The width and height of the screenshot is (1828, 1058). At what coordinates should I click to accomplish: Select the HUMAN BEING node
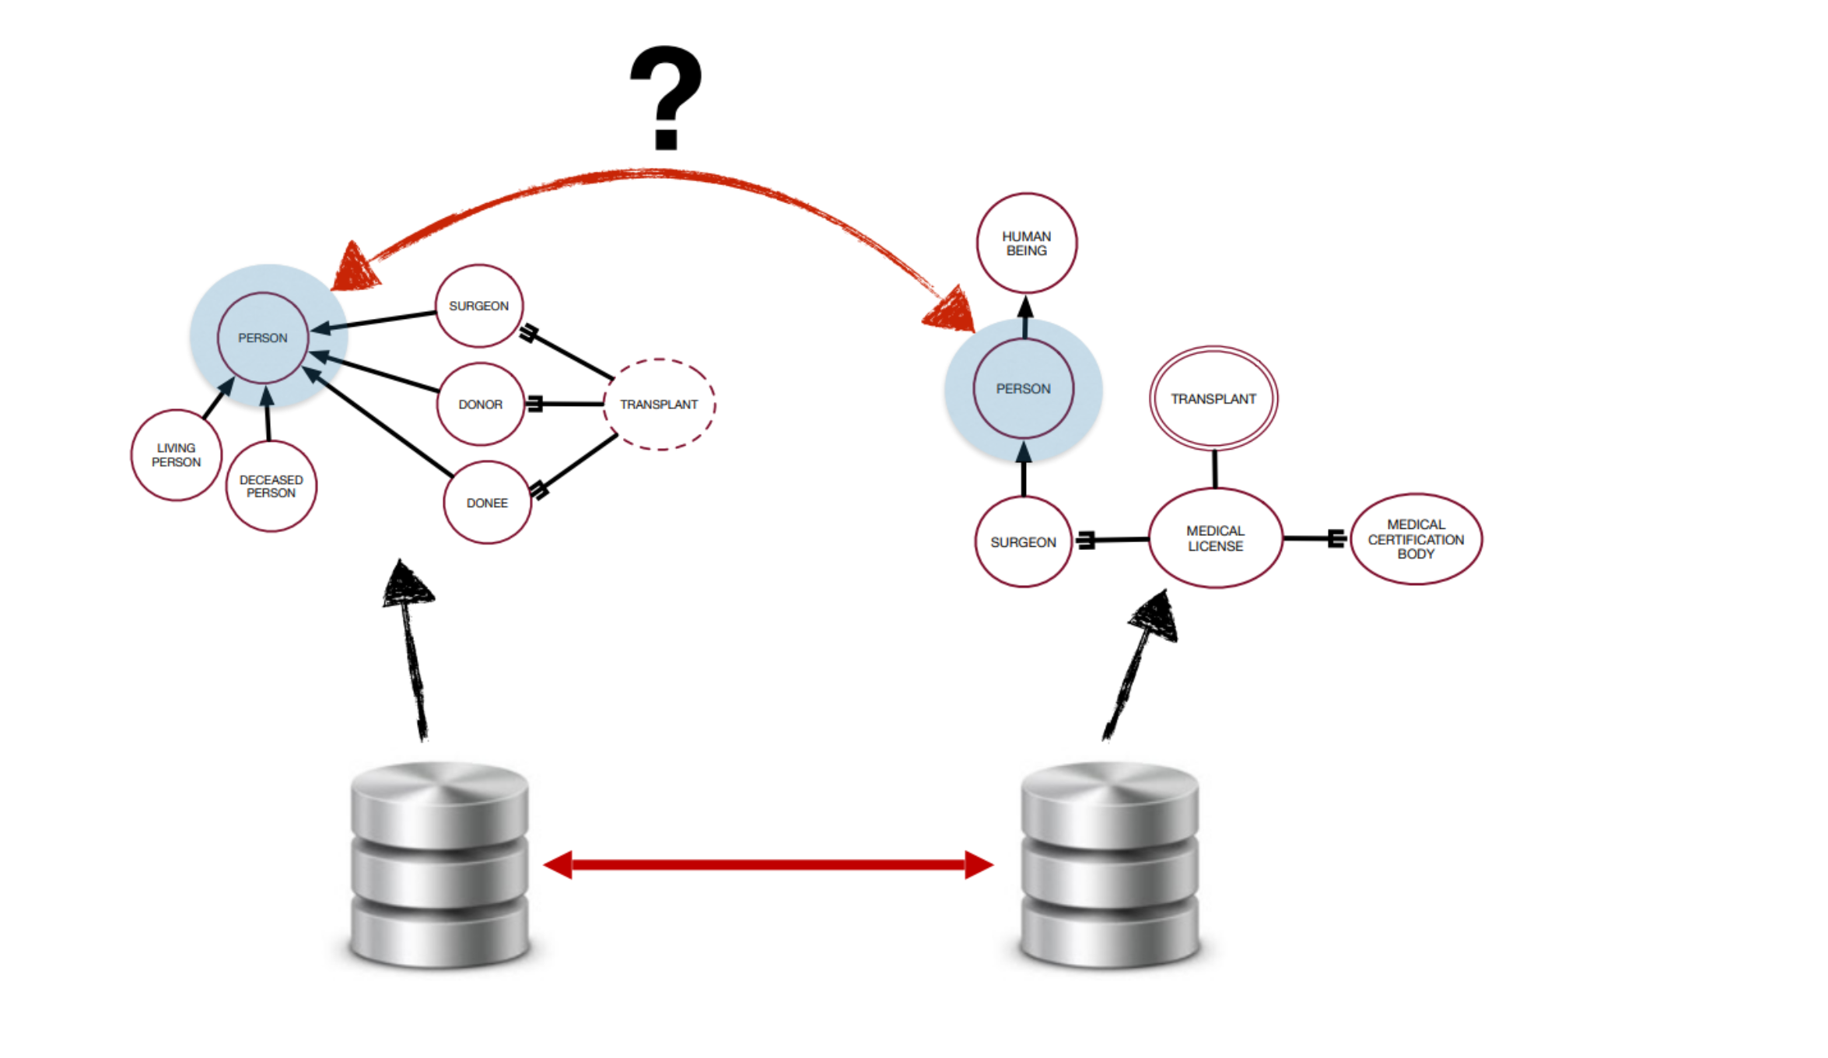1026,243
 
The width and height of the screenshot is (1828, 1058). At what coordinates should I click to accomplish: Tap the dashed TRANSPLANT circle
659,405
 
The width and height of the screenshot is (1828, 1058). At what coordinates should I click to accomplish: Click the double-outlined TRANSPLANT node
1213,398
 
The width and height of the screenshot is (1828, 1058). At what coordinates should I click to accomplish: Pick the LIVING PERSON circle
177,455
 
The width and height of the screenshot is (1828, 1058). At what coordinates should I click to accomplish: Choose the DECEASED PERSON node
271,486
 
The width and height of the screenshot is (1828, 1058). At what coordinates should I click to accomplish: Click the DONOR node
480,405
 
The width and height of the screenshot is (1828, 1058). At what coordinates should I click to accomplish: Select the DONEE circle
487,503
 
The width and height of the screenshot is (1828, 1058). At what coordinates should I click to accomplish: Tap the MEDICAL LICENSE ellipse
1215,538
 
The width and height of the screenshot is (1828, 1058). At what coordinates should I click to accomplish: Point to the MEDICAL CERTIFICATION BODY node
1416,539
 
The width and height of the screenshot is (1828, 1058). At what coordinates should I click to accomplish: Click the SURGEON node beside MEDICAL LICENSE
1023,541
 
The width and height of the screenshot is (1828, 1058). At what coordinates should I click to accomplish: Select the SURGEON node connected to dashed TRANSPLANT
478,306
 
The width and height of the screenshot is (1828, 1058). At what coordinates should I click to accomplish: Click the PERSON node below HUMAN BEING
1023,388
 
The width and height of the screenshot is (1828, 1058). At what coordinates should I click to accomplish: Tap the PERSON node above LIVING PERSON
263,338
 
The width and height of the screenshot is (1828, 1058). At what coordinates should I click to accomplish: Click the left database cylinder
439,864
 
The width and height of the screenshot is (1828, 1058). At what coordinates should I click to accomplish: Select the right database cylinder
1110,864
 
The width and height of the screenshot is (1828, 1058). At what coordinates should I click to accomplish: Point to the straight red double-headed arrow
769,864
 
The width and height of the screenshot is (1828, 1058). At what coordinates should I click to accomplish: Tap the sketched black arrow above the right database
1136,669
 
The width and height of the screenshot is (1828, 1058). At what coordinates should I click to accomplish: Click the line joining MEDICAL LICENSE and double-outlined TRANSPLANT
1214,469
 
